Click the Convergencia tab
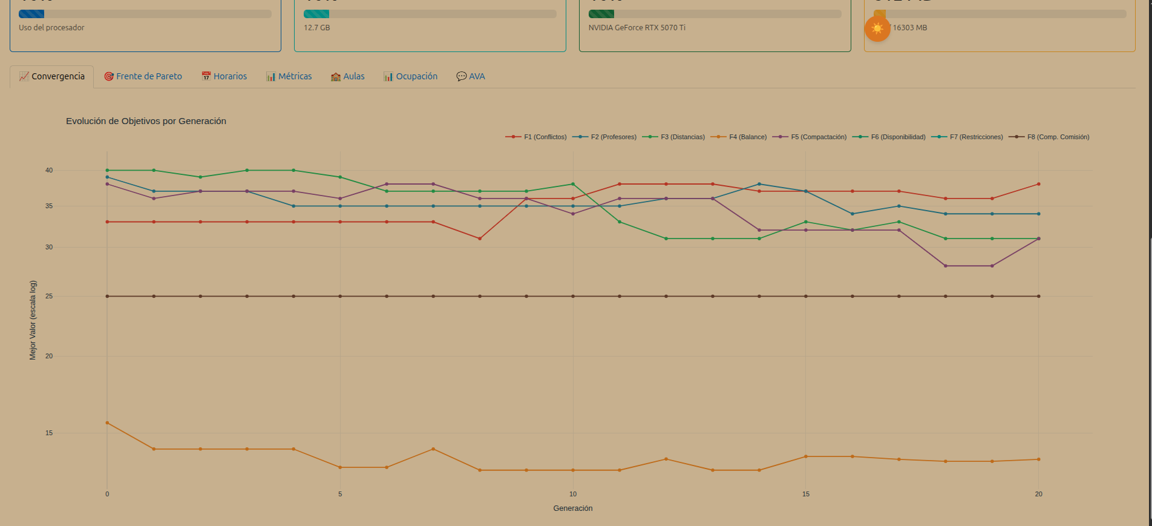coord(52,76)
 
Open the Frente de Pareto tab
coord(143,76)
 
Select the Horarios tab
coord(224,76)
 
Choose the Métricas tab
coord(289,76)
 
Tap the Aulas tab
coord(348,76)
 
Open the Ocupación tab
coord(410,76)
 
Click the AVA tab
coord(471,76)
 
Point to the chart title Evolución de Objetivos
coord(146,121)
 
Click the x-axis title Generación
coord(572,508)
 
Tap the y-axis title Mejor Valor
coord(33,320)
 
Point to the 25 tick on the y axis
coord(49,296)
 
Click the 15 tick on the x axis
coord(805,494)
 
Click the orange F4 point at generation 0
coord(107,422)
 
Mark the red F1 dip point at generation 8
coord(480,238)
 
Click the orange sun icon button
coord(877,28)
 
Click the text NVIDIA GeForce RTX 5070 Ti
coord(637,28)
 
